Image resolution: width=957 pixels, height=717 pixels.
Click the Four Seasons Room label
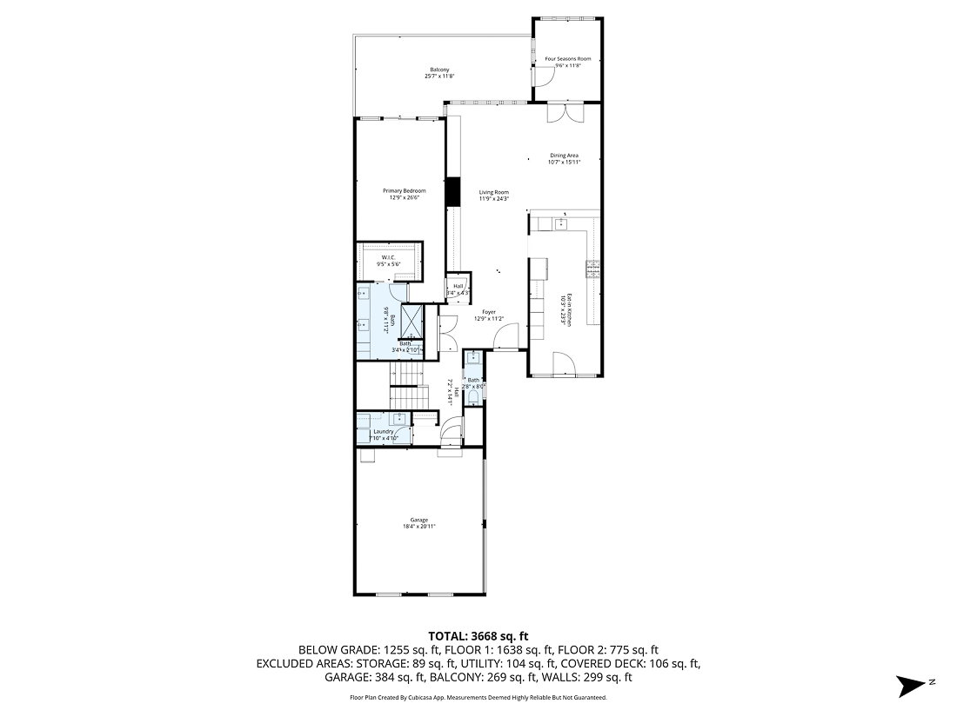[x=566, y=59]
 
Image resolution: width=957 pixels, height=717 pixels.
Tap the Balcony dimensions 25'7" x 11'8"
[x=439, y=76]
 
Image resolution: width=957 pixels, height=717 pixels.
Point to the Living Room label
[x=493, y=192]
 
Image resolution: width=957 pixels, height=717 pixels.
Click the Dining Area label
[x=564, y=156]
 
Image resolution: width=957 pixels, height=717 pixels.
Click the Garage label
[x=418, y=520]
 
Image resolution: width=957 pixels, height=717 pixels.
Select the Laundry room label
[x=383, y=432]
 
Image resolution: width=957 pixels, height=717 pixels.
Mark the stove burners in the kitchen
[x=593, y=269]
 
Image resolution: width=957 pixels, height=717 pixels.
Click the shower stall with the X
[x=412, y=319]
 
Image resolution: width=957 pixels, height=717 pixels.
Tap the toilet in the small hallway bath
[x=473, y=396]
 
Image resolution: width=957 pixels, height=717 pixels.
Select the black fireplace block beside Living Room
[x=452, y=191]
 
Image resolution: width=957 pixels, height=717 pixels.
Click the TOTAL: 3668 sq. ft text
[x=478, y=635]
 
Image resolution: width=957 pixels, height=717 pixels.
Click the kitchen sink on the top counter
[x=561, y=223]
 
